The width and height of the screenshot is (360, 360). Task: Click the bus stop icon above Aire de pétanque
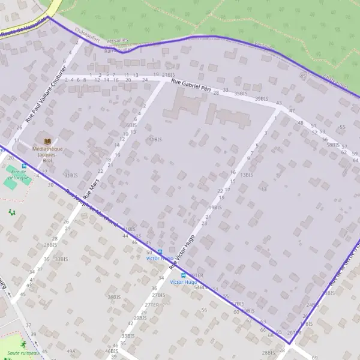(x=24, y=166)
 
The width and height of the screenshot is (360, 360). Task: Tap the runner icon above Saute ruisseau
(x=23, y=344)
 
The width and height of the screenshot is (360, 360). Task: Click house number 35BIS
(x=241, y=94)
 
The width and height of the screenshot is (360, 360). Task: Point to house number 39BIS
(x=261, y=98)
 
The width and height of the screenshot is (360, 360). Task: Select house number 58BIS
(x=333, y=145)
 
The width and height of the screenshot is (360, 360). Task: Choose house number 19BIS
(x=215, y=207)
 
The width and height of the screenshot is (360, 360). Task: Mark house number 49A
(x=71, y=351)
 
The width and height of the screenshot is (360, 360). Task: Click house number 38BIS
(x=113, y=296)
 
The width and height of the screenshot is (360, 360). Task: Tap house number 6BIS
(x=131, y=125)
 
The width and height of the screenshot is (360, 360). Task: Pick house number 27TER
(x=151, y=304)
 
